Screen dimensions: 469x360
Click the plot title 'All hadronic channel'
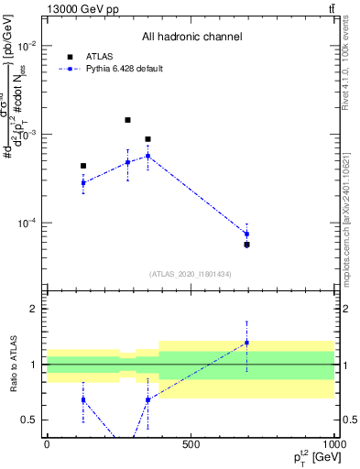[191, 37]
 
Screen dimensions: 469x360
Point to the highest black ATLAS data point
[127, 120]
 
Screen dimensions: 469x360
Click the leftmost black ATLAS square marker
[83, 166]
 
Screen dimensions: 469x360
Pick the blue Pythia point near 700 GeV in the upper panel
[246, 234]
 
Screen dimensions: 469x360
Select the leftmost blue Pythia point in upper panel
[83, 182]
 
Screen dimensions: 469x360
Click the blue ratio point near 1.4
[246, 343]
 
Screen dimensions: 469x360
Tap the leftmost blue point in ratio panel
[83, 399]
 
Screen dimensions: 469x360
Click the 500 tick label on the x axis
[191, 444]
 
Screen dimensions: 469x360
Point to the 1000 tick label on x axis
[333, 444]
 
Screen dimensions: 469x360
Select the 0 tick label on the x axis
[47, 444]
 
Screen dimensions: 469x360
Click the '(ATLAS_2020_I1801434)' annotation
[191, 274]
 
